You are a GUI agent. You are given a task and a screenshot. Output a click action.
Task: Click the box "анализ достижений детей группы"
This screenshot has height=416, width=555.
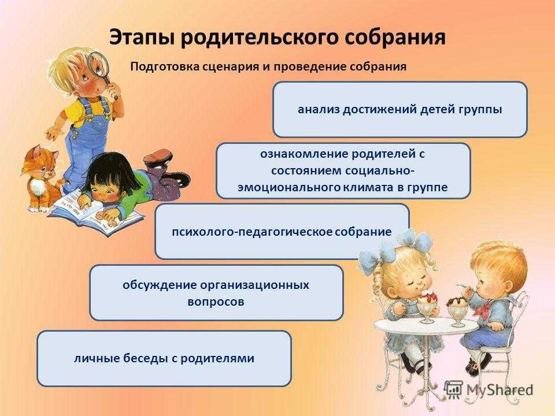click(x=400, y=109)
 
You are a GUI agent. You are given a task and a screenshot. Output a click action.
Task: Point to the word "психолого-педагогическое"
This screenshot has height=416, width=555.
click(x=252, y=232)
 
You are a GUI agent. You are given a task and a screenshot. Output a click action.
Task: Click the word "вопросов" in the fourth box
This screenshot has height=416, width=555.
click(x=216, y=302)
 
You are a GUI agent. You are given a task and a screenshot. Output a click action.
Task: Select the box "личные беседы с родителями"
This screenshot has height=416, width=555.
click(x=164, y=358)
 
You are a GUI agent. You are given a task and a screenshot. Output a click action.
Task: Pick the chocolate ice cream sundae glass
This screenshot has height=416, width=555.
click(x=457, y=310)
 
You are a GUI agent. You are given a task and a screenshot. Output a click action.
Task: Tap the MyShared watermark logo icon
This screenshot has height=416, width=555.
click(x=453, y=388)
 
